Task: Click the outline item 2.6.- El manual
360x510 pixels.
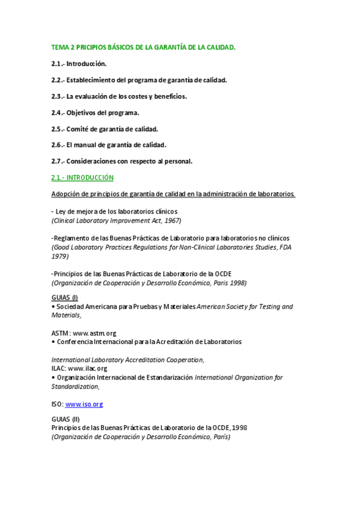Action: pos(109,145)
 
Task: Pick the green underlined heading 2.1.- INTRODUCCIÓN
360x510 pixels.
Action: pos(82,177)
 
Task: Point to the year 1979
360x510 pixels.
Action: pos(59,256)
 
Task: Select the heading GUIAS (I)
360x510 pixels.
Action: pos(64,298)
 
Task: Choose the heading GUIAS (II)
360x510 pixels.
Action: pos(66,419)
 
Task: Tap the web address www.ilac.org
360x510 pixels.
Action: pos(88,368)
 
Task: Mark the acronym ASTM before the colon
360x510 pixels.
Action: pos(61,333)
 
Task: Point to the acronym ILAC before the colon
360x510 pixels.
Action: pos(58,368)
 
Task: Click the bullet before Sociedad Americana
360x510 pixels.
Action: pos(53,307)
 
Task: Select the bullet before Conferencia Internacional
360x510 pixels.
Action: pos(53,342)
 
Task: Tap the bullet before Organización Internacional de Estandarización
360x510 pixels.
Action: pos(53,377)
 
